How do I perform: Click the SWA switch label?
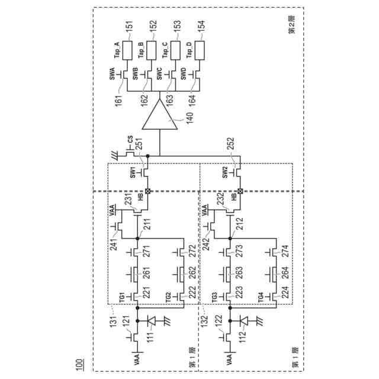pos(113,74)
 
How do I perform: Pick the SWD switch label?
pos(183,74)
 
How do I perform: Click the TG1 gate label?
pos(121,296)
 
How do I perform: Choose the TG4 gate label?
pos(261,296)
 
